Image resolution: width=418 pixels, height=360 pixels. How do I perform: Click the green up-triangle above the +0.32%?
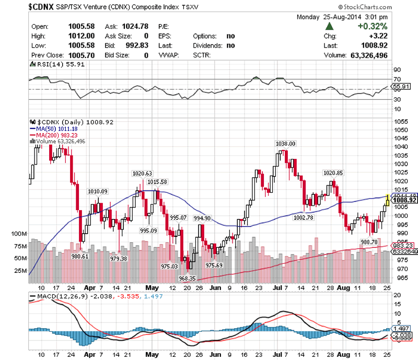tap(329, 26)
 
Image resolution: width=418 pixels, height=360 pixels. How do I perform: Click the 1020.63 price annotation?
tap(142, 173)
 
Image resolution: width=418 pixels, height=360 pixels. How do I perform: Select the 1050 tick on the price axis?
tap(401, 121)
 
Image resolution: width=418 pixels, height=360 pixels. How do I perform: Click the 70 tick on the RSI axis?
tap(397, 79)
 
